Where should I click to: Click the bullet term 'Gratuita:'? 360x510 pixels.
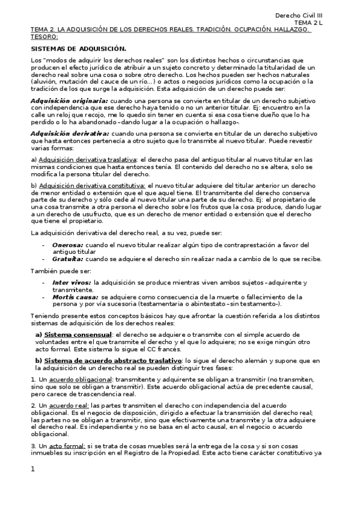pyautogui.click(x=68, y=259)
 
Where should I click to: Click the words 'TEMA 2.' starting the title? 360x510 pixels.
pyautogui.click(x=42, y=29)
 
